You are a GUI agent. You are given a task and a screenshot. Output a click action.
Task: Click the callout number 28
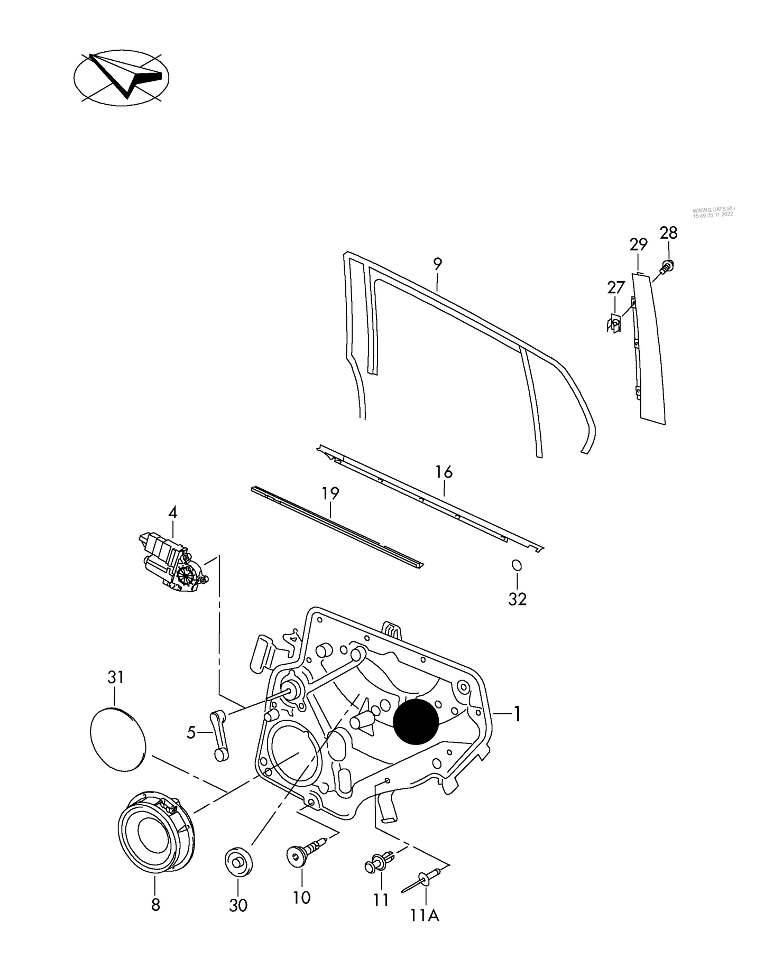(668, 232)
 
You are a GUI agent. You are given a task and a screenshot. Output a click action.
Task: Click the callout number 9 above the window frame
(437, 264)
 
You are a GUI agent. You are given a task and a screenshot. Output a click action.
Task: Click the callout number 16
(444, 472)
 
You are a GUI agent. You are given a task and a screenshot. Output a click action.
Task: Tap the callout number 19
(330, 493)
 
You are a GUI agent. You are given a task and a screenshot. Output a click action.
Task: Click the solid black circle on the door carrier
(416, 721)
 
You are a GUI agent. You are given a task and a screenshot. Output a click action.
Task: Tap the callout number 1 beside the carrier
(517, 714)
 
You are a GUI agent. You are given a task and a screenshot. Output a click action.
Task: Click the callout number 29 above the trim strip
(638, 245)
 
